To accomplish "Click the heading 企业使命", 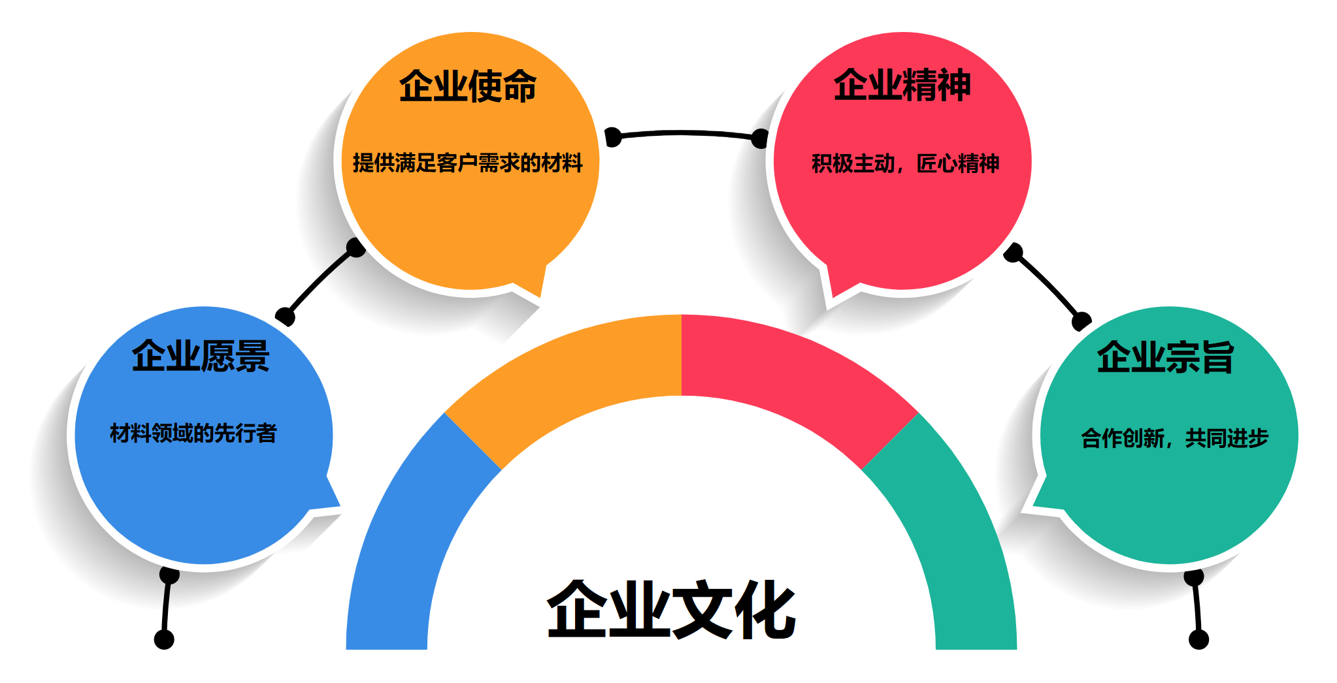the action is [468, 86].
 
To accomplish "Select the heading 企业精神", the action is [902, 86].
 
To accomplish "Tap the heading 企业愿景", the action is [201, 357].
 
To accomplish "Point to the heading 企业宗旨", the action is [1165, 357].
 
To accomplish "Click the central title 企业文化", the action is [672, 609].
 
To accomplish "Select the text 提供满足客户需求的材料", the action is [468, 163].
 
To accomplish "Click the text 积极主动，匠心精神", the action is [905, 163].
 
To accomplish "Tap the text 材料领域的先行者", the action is [193, 433].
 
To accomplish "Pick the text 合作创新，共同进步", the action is [1174, 437].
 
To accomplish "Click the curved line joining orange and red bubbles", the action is [685, 133].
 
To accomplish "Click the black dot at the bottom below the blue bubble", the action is [164, 639].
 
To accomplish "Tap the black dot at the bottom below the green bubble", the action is [1198, 639].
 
